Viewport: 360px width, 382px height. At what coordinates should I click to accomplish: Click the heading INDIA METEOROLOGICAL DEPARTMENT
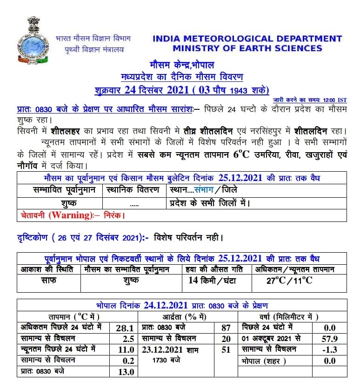pyautogui.click(x=247, y=39)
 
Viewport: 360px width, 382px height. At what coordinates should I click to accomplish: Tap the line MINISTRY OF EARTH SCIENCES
pyautogui.click(x=247, y=48)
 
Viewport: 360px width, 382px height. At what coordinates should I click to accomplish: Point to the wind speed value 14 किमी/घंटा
pyautogui.click(x=213, y=280)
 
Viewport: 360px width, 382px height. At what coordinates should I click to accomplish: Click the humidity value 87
pyautogui.click(x=226, y=328)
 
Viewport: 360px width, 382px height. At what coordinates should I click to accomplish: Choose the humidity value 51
pyautogui.click(x=226, y=349)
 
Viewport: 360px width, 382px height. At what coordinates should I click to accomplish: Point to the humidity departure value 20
pyautogui.click(x=226, y=338)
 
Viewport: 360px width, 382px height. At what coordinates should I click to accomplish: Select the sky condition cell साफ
pyautogui.click(x=48, y=280)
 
